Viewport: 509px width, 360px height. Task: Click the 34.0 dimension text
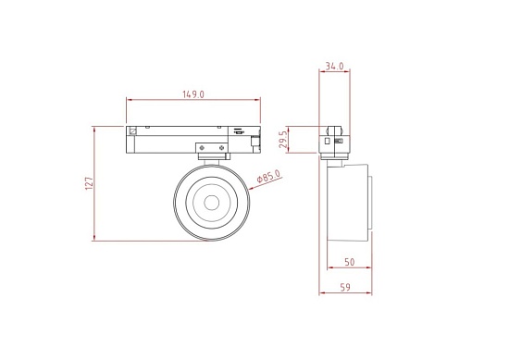click(335, 66)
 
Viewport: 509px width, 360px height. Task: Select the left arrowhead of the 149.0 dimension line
click(127, 100)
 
